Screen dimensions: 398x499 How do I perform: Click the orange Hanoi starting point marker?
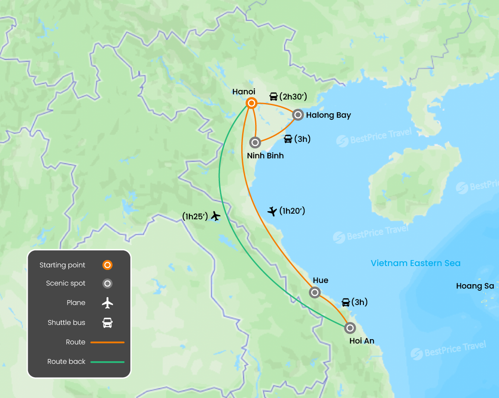coord(251,103)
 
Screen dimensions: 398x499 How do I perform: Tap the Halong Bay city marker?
coord(298,115)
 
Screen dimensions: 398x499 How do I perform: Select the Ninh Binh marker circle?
coord(255,142)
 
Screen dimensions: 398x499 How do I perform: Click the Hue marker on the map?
coord(315,292)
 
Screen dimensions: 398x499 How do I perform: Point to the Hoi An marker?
coord(350,328)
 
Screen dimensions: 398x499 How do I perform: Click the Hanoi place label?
coord(243,92)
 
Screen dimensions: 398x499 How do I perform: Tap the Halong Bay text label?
coord(328,115)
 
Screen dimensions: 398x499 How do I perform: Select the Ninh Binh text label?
coord(265,155)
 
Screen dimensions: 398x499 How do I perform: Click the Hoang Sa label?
coord(475,286)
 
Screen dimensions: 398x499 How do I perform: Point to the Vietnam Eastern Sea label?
coord(415,263)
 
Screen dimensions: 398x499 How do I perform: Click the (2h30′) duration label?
coord(293,96)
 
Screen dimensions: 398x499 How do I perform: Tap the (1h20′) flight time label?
coord(292,211)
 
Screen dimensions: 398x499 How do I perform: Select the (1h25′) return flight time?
coord(195,216)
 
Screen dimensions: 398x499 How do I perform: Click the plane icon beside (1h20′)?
coord(272,211)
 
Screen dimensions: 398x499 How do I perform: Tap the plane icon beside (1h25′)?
coord(215,216)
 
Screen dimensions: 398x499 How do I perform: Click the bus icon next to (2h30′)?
coord(274,96)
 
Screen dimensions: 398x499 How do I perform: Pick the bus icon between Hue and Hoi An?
coord(346,302)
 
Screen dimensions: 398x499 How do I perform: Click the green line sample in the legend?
coord(107,362)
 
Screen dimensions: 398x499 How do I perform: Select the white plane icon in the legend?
coord(107,303)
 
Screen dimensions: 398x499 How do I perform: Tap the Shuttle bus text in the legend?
coord(66,323)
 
